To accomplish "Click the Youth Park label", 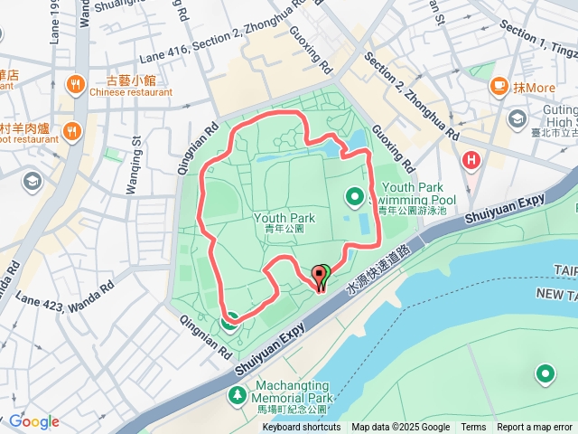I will [x=284, y=218].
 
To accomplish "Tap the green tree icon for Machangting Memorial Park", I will [x=237, y=395].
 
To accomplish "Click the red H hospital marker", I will [x=471, y=161].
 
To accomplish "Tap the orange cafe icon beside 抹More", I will [x=498, y=86].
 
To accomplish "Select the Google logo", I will [x=34, y=421].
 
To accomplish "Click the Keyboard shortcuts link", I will [x=302, y=428].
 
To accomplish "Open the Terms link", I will [x=473, y=428].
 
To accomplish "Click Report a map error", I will [x=536, y=428].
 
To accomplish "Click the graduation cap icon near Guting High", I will [x=517, y=118].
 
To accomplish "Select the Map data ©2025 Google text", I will [x=400, y=428].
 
